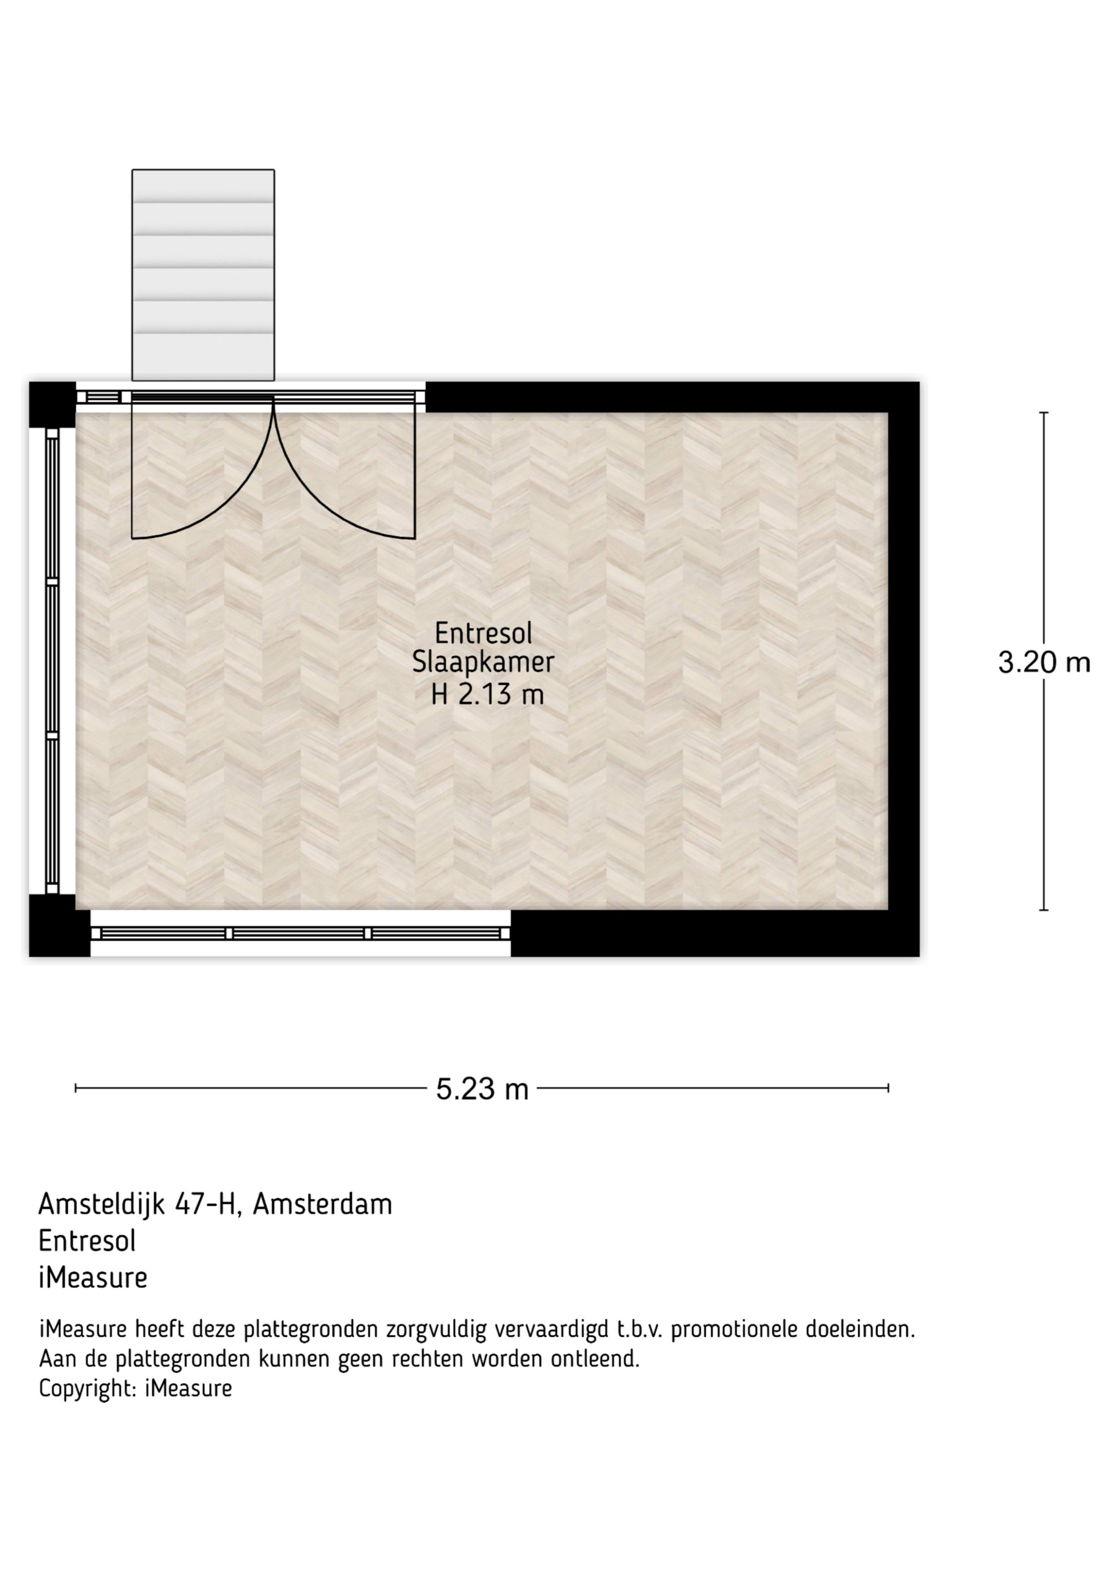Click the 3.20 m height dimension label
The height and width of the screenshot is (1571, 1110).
tap(1044, 662)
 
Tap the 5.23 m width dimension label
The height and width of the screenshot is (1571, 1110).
tap(482, 1089)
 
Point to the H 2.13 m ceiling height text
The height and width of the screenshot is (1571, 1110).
tap(487, 694)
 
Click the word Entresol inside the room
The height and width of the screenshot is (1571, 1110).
tap(484, 633)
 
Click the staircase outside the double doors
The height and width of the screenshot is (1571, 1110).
tap(203, 275)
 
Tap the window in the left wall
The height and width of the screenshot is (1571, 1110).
tap(52, 661)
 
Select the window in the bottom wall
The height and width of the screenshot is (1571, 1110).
tap(300, 933)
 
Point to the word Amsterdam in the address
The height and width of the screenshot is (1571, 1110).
tap(323, 1223)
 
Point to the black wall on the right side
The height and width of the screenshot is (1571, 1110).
tap(904, 669)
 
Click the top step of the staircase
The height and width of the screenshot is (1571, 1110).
tap(203, 185)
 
